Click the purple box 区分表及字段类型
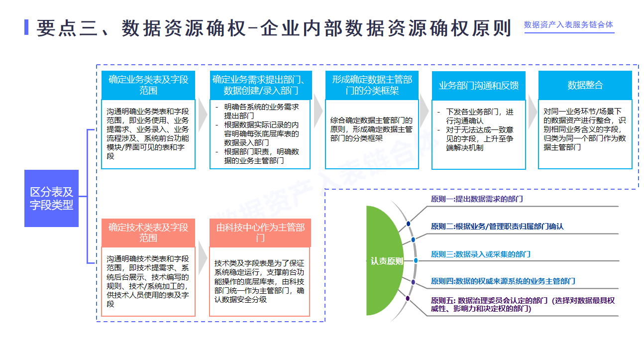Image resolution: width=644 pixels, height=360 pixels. (x=51, y=198)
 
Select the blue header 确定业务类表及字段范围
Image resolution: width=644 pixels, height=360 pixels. (x=148, y=85)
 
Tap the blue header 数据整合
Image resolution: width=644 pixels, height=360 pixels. (x=585, y=85)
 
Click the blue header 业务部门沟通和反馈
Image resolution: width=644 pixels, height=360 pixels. (x=478, y=85)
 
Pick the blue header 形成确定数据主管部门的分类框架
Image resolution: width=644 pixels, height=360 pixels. (x=372, y=85)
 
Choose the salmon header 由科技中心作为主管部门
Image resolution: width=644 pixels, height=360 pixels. (x=260, y=233)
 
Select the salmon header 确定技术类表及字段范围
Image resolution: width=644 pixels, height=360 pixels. (x=148, y=233)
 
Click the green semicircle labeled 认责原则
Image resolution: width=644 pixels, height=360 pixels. (x=386, y=261)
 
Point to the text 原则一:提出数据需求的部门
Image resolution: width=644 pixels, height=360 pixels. (x=476, y=199)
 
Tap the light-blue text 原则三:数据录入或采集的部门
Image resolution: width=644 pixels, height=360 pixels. (x=480, y=254)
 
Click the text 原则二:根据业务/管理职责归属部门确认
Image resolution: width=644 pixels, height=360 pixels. (x=497, y=227)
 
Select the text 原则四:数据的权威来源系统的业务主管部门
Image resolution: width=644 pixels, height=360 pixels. (x=503, y=281)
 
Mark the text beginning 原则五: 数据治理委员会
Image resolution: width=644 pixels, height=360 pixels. (x=523, y=304)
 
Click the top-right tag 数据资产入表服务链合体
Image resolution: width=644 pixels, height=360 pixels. (x=568, y=25)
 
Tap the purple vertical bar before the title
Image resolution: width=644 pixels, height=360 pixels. (x=26, y=27)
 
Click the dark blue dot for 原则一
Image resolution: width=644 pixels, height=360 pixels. (x=409, y=224)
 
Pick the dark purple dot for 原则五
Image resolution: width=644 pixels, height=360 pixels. (x=408, y=299)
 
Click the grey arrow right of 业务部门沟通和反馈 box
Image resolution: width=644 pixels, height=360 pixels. (x=532, y=114)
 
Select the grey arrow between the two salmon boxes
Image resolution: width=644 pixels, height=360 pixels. (x=202, y=257)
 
